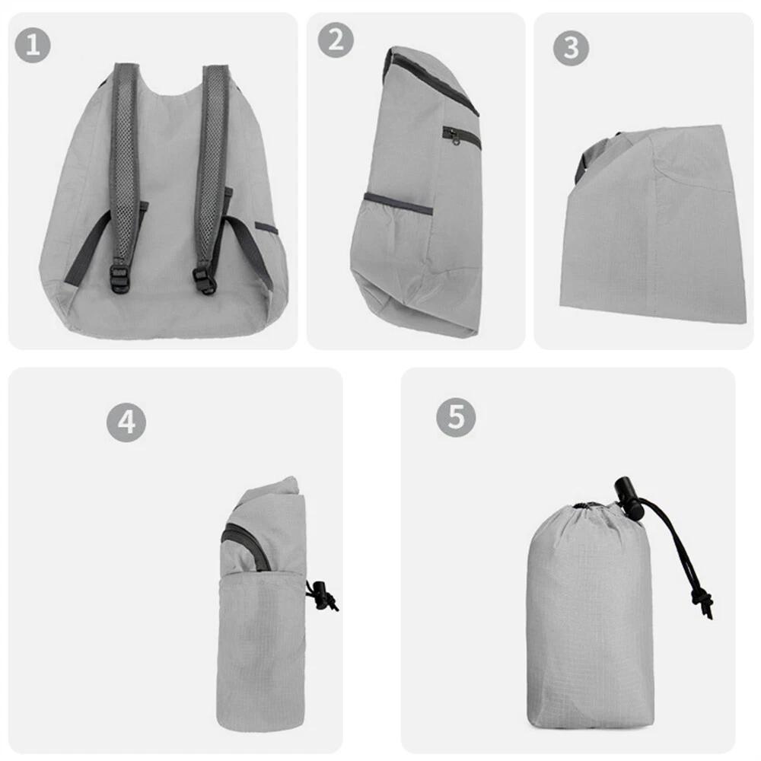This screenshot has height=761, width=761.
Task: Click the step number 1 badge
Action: click(x=33, y=46)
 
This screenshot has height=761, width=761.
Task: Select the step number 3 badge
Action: click(x=571, y=49)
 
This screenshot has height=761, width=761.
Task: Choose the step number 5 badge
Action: click(x=456, y=418)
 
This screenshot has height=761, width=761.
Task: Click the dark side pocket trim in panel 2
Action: click(x=397, y=202)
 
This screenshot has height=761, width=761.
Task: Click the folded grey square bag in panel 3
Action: click(x=654, y=228)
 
